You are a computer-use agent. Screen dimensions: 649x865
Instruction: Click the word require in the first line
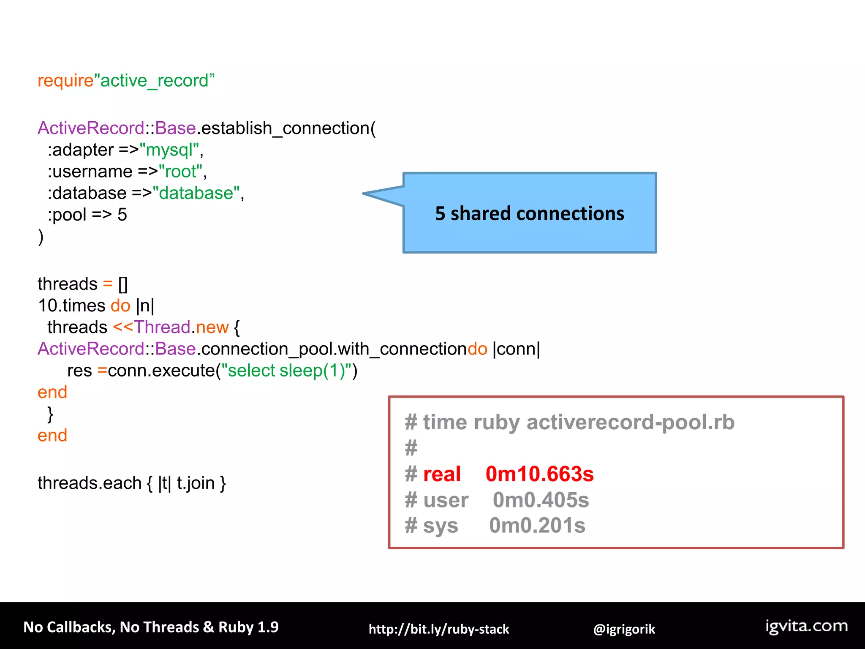(x=65, y=81)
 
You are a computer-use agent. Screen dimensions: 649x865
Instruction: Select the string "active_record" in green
(x=155, y=81)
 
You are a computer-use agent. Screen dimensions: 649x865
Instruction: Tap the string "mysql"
(x=169, y=150)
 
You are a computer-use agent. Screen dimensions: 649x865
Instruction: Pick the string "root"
(x=180, y=172)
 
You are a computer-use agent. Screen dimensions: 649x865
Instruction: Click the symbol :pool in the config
(x=67, y=215)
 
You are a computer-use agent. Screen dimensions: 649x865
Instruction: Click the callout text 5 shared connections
(x=529, y=213)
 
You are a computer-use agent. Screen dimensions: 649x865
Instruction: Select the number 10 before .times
(x=47, y=305)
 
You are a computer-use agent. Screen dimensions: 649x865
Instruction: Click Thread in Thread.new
(x=162, y=327)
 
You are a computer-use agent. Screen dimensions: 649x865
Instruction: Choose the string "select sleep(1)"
(x=286, y=371)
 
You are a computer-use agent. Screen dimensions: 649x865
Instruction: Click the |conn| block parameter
(x=516, y=349)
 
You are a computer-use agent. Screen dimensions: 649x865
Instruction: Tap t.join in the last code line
(x=196, y=483)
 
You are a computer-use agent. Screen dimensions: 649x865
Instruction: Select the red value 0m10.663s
(x=539, y=474)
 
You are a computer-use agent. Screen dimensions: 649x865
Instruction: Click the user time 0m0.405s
(x=541, y=500)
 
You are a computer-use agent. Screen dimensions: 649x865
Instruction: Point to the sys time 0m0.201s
(x=537, y=526)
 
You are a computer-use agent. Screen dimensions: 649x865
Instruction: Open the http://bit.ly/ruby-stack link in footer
(x=438, y=629)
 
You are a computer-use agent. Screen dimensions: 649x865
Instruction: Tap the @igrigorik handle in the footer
(x=624, y=629)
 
